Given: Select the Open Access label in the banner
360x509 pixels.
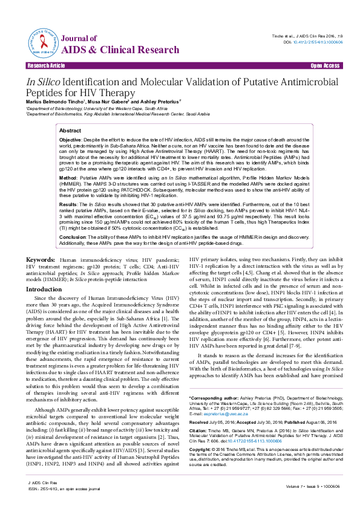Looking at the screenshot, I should coord(324,65).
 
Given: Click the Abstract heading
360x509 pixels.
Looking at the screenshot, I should coord(70,131).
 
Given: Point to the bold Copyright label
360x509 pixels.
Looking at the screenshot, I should coord(200,450).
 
